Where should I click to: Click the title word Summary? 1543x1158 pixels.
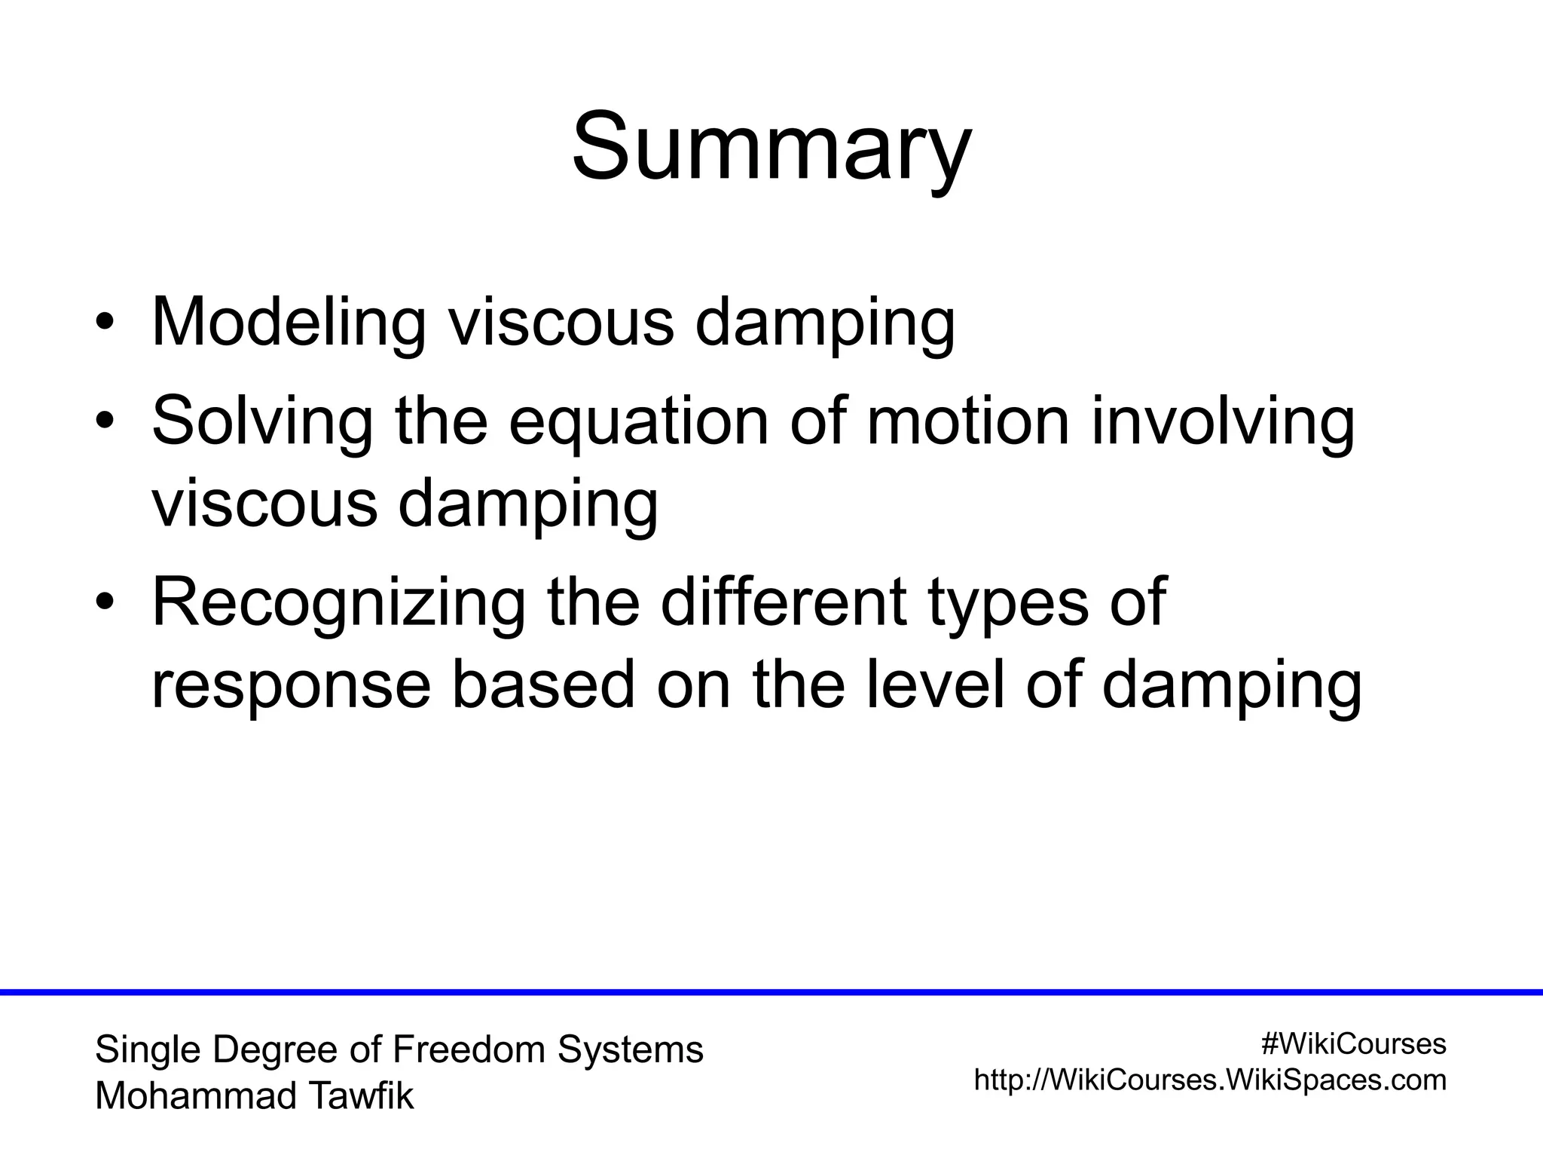771,146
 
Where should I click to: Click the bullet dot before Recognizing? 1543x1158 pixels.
105,603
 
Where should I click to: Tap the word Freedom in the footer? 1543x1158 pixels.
471,1049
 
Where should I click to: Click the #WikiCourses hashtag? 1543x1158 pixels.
1353,1044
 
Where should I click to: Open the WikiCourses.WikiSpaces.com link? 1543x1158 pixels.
1210,1080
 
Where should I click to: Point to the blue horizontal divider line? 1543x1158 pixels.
771,992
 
